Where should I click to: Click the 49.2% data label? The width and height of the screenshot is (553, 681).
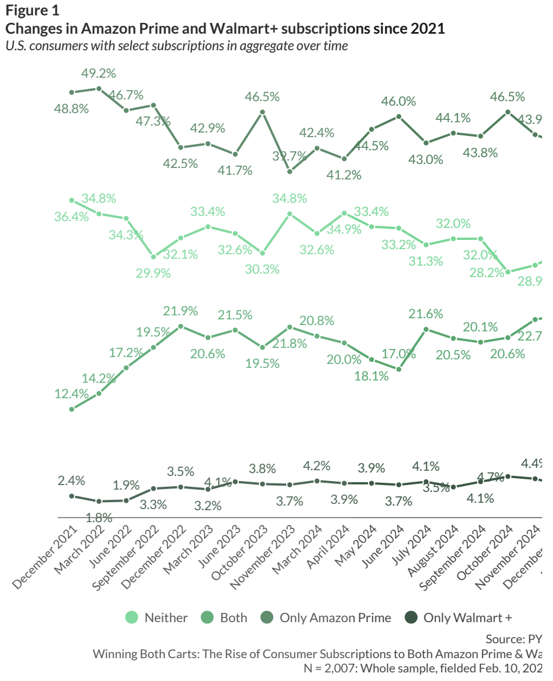(99, 74)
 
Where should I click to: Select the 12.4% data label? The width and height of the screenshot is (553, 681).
(71, 394)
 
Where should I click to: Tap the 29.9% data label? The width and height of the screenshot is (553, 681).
(154, 273)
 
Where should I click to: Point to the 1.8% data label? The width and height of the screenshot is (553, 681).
(99, 518)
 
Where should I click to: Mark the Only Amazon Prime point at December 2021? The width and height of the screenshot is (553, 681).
(71, 92)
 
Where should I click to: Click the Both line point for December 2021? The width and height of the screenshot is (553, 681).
(71, 410)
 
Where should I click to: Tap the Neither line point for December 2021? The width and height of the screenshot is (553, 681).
(71, 201)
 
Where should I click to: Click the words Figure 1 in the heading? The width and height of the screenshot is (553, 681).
(32, 10)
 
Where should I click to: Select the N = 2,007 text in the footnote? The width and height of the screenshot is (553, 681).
(334, 667)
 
